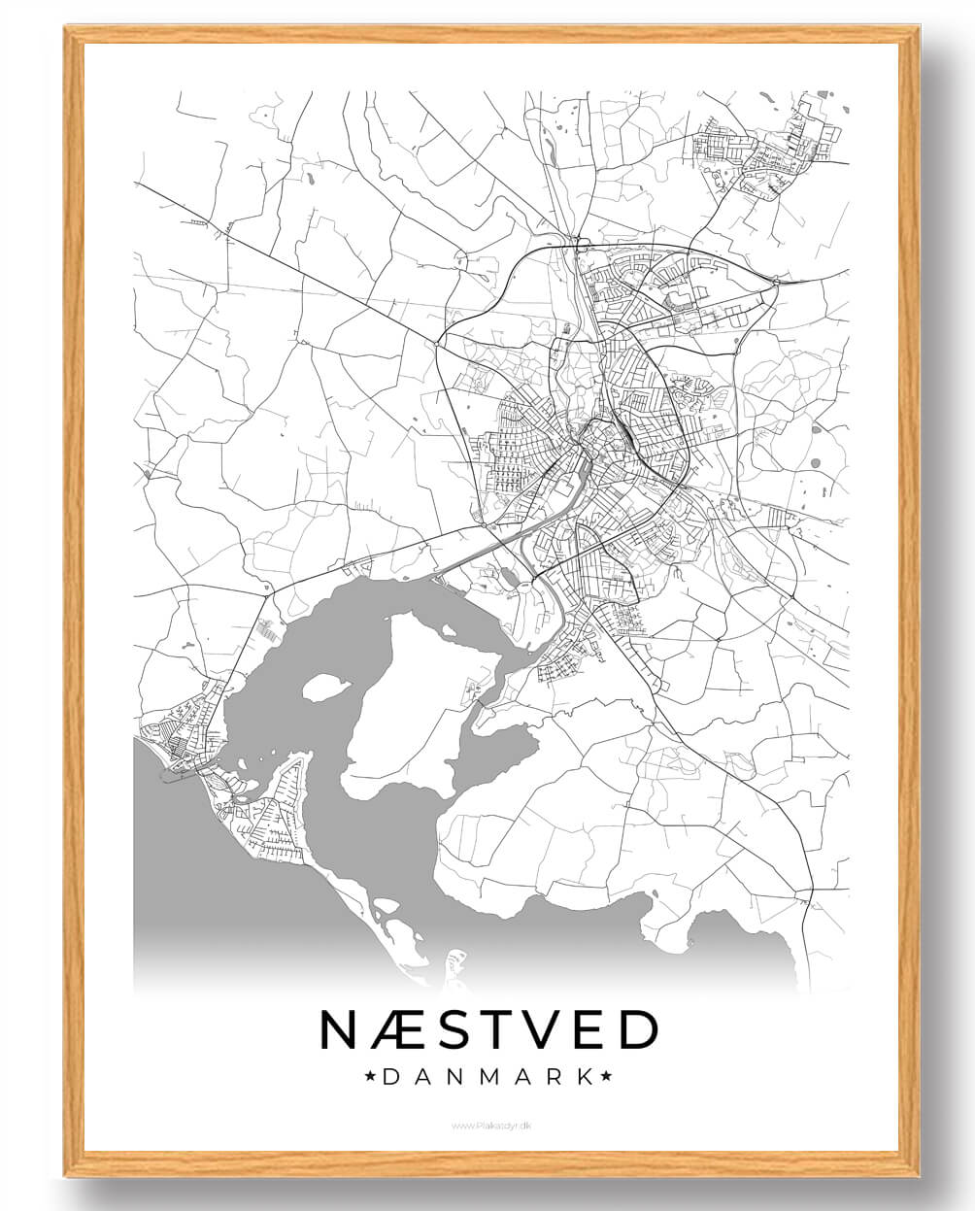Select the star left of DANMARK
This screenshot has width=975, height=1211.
(x=369, y=1076)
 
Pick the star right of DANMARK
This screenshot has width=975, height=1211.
(x=607, y=1076)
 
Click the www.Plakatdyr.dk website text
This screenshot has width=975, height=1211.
(x=490, y=1125)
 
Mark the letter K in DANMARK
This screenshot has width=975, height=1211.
(x=585, y=1076)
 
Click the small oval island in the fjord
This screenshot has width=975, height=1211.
(x=326, y=688)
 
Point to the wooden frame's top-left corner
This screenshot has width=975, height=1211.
(x=71, y=32)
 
